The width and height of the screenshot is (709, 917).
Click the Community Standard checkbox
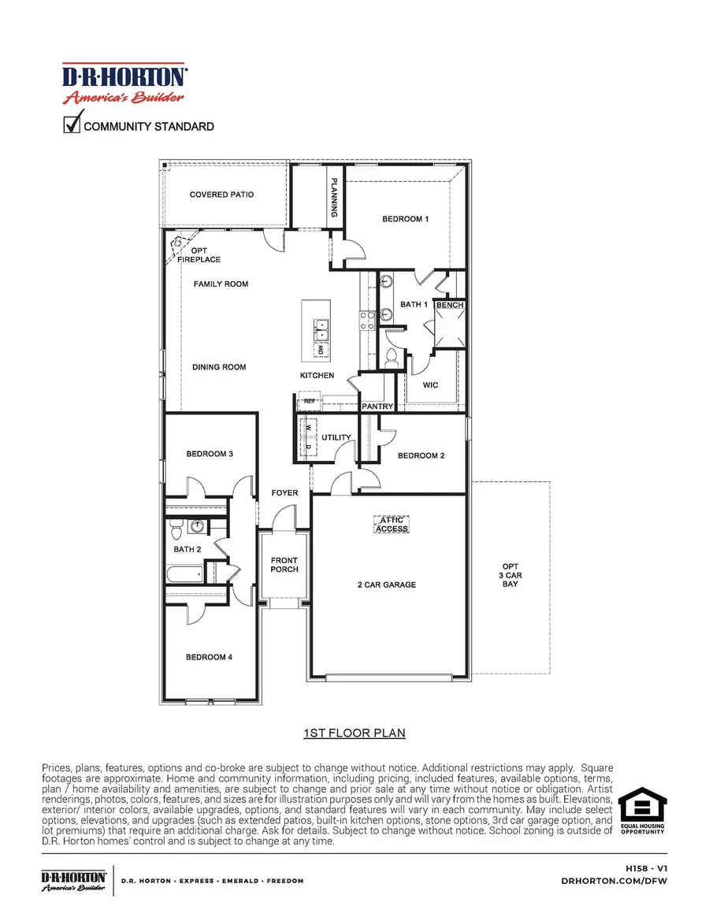(72, 124)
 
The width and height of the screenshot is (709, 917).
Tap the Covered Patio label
(221, 195)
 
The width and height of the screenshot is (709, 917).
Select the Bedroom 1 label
(405, 219)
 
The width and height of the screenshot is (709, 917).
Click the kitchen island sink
(321, 325)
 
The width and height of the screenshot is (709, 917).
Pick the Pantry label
(377, 407)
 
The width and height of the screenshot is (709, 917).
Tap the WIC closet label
(430, 385)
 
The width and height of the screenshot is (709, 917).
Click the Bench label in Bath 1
(450, 305)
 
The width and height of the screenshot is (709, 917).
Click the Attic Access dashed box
(392, 524)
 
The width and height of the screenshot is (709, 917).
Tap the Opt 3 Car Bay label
(510, 575)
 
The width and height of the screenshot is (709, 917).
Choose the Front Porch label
(284, 565)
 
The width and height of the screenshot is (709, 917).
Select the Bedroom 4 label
(209, 657)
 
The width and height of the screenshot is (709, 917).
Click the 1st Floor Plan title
(354, 733)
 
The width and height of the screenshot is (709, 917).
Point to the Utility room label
(336, 437)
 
